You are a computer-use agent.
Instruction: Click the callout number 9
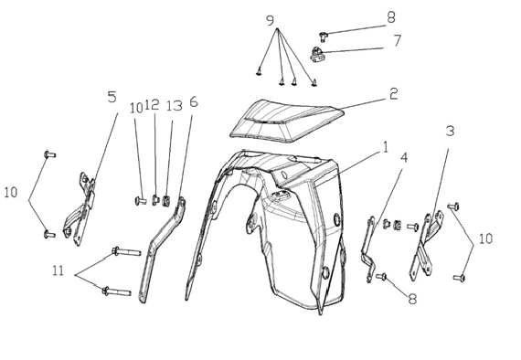tap(271, 21)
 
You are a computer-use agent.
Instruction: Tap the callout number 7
tap(397, 40)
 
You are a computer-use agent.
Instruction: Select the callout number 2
tap(393, 93)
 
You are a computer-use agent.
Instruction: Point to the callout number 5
tap(112, 97)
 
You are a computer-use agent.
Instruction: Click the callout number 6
tap(194, 102)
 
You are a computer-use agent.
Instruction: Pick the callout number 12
tap(152, 104)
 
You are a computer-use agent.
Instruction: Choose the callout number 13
tap(175, 106)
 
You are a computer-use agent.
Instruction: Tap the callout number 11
tap(58, 271)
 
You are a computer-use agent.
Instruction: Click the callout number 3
tap(450, 132)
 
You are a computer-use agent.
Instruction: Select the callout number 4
tap(404, 158)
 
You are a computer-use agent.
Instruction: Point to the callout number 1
tap(386, 147)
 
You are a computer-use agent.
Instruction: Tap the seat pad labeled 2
tap(286, 121)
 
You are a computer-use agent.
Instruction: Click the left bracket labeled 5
tap(80, 209)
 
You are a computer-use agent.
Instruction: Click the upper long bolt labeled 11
tap(127, 251)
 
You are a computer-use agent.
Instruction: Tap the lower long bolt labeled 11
tap(117, 291)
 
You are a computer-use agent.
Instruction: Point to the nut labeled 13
tap(166, 201)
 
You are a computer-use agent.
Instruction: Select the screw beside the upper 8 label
tap(323, 36)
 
